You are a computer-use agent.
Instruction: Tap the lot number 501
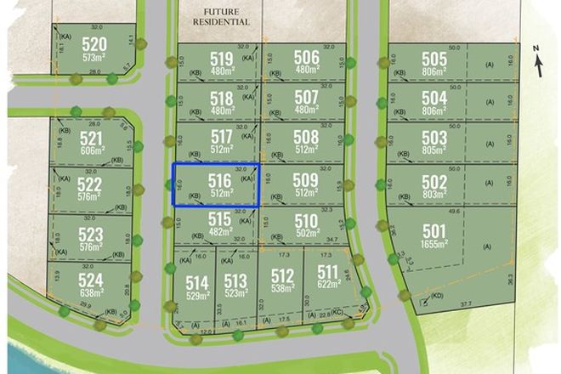coord(433,229)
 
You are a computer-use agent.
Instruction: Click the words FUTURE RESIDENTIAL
coord(221,16)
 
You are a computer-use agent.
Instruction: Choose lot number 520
coord(93,44)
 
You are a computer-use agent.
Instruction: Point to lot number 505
coord(433,59)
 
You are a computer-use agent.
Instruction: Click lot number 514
coord(197,282)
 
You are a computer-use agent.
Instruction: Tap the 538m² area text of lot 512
coord(282,288)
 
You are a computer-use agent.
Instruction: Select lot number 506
coord(306,57)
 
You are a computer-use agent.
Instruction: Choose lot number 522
coord(88,184)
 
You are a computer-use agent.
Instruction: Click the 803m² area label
coord(433,195)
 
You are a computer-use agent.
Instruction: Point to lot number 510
coord(306,221)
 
